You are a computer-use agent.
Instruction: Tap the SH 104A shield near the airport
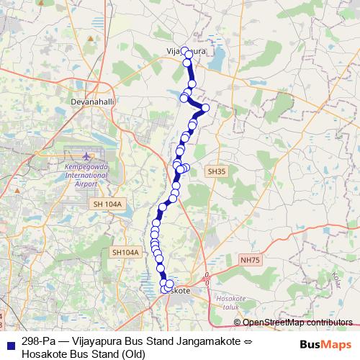(x=109, y=205)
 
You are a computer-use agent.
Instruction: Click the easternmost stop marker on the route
(x=205, y=108)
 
